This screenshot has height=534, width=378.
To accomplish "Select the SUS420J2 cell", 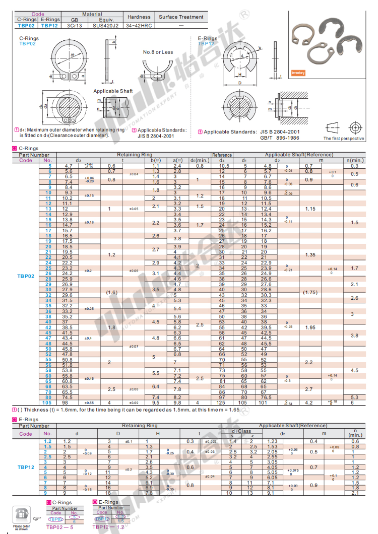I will pyautogui.click(x=105, y=24).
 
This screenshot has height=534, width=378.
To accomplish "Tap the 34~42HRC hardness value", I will pyautogui.click(x=139, y=24).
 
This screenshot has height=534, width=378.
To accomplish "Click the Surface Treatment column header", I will pyautogui.click(x=181, y=17).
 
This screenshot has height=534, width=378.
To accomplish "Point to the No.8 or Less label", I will pyautogui.click(x=158, y=52).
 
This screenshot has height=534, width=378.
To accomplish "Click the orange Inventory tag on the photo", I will pyautogui.click(x=298, y=73).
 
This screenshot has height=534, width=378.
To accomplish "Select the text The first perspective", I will pyautogui.click(x=343, y=138).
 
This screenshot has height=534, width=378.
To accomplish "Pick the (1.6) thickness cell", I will pyautogui.click(x=111, y=292).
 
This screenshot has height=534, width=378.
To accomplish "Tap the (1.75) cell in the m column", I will pyautogui.click(x=309, y=292).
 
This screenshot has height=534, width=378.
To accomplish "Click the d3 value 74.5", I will pyautogui.click(x=67, y=397).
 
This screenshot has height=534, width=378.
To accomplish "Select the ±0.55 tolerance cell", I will pyautogui.click(x=89, y=403).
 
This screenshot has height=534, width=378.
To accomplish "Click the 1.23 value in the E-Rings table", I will pyautogui.click(x=272, y=441).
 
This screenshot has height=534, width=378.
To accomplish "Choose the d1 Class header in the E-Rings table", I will pyautogui.click(x=241, y=431).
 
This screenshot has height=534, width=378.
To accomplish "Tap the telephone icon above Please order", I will pyautogui.click(x=21, y=513).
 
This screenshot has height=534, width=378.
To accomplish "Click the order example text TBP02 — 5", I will pyautogui.click(x=59, y=527).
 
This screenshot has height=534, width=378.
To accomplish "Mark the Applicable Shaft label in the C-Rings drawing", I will pyautogui.click(x=112, y=91).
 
